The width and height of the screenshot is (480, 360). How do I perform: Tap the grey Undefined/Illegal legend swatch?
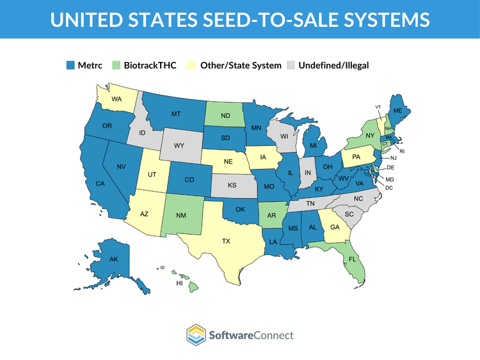[291, 65]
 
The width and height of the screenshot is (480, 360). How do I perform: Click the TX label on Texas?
[226, 241]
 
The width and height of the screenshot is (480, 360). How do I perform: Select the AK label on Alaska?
[113, 260]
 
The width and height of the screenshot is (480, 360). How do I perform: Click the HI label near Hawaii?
[179, 282]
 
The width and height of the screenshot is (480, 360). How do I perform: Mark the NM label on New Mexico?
[182, 217]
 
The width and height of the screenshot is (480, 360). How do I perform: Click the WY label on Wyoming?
[179, 146]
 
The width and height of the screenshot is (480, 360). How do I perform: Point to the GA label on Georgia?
[335, 226]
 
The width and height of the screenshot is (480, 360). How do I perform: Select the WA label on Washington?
[116, 99]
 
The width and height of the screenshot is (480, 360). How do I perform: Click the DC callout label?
[389, 187]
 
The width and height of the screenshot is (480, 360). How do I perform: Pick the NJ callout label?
[394, 157]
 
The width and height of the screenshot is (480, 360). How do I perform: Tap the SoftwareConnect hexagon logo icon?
[196, 335]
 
